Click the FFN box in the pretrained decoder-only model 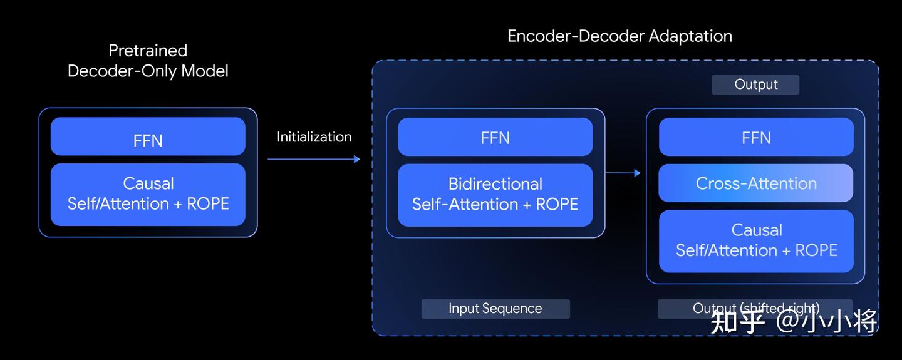[x=148, y=136]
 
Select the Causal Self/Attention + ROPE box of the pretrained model [x=148, y=194]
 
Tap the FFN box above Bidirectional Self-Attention [x=495, y=137]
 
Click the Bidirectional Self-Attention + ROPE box [x=495, y=195]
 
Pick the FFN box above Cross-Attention [x=756, y=137]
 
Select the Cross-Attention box [x=756, y=183]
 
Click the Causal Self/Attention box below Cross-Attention [x=756, y=241]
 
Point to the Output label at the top [x=755, y=85]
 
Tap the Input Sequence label [x=495, y=309]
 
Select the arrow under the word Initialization [x=313, y=159]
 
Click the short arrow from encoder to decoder [x=623, y=173]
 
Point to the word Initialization [x=314, y=136]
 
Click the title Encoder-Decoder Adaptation [x=619, y=36]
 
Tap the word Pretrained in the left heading [x=148, y=51]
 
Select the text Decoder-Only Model [x=148, y=71]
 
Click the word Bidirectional [x=495, y=184]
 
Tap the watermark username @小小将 [x=827, y=322]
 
